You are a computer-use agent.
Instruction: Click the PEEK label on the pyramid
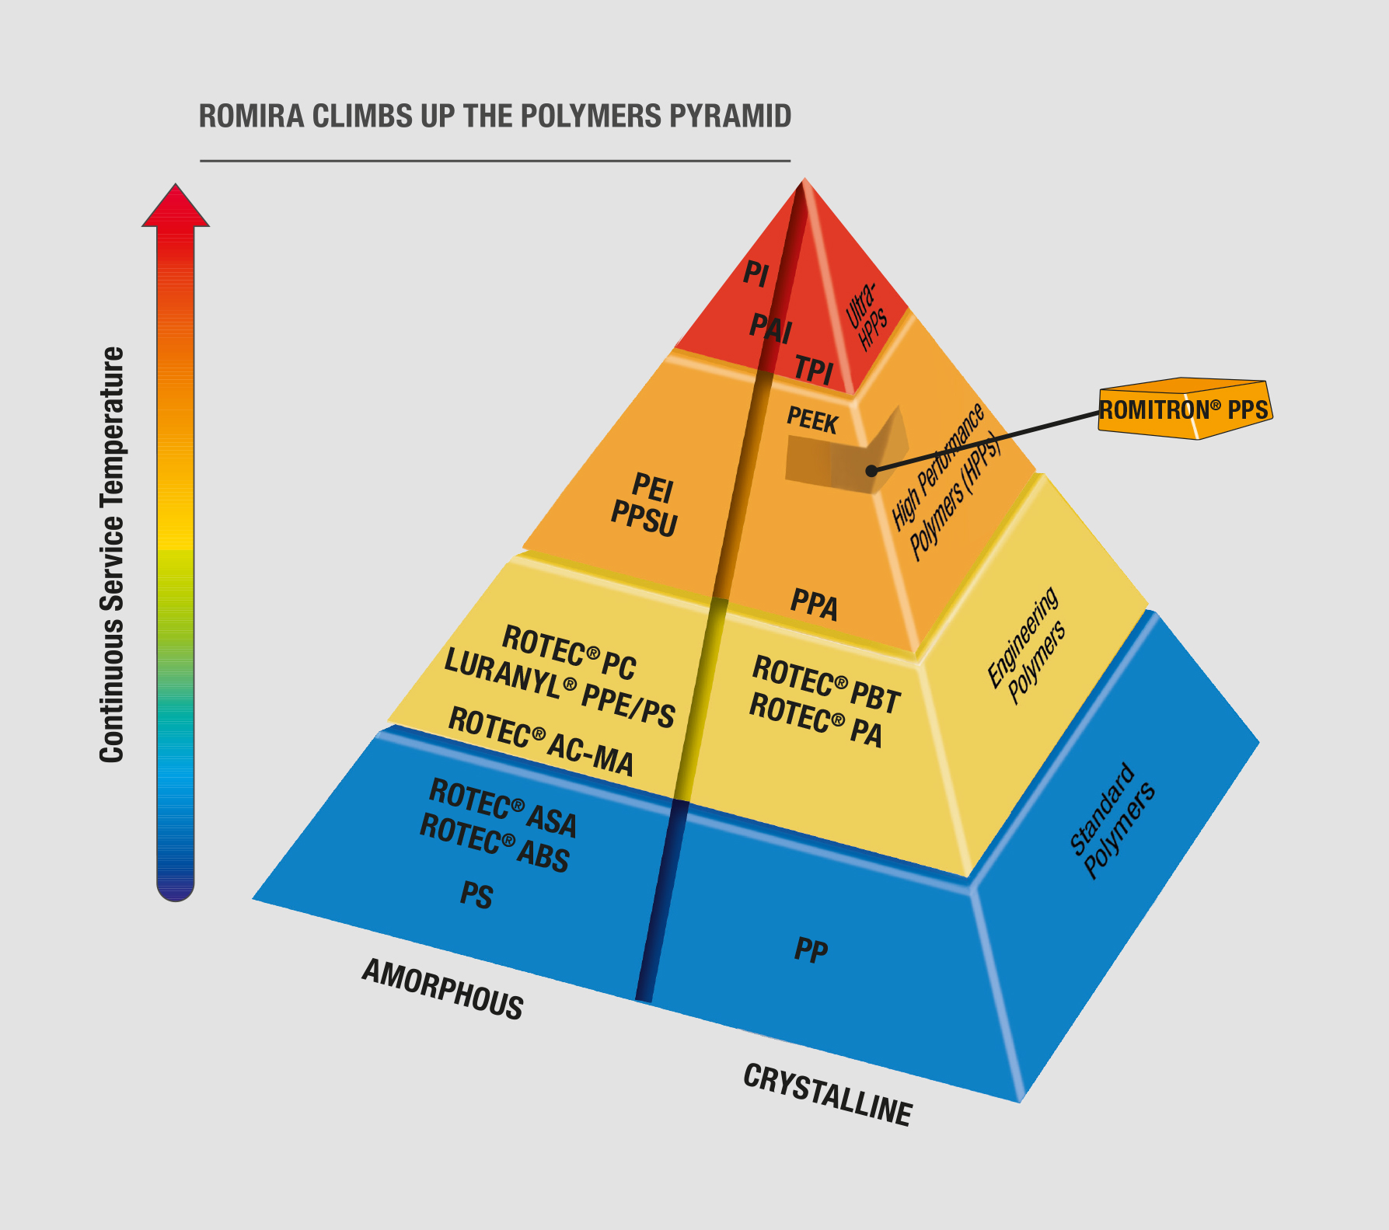[x=811, y=420]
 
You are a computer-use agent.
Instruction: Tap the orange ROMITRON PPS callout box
[x=1184, y=409]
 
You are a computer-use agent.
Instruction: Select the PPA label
[x=814, y=605]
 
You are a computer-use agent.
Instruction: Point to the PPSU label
[x=644, y=518]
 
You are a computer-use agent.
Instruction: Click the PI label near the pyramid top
[x=756, y=274]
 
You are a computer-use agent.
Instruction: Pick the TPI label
[x=814, y=370]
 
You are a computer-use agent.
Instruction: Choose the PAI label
[x=770, y=328]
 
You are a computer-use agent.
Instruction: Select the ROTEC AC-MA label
[x=541, y=741]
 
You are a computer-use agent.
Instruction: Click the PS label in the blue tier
[x=476, y=895]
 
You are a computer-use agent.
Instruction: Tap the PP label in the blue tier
[x=811, y=950]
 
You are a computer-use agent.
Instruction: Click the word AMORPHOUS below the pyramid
[x=443, y=989]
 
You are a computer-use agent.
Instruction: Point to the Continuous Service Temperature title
[x=112, y=555]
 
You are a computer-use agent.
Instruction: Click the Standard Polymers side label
[x=1112, y=821]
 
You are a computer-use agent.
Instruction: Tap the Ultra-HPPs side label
[x=867, y=318]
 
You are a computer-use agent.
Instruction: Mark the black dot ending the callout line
[x=871, y=470]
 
